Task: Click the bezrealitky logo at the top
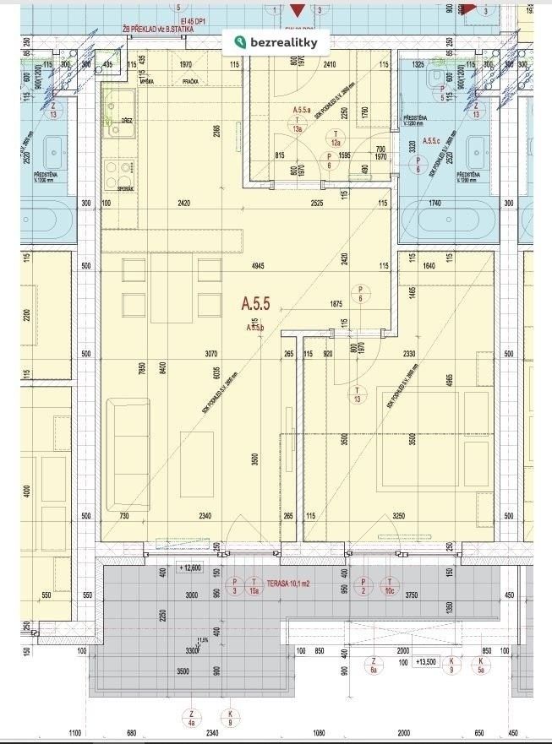click(x=276, y=42)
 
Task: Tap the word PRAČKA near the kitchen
click(x=189, y=81)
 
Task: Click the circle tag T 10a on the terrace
click(x=254, y=584)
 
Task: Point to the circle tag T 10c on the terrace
click(x=390, y=584)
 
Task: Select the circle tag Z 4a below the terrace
click(x=192, y=717)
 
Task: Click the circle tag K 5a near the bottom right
click(x=481, y=665)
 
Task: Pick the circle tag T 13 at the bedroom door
click(x=358, y=394)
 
